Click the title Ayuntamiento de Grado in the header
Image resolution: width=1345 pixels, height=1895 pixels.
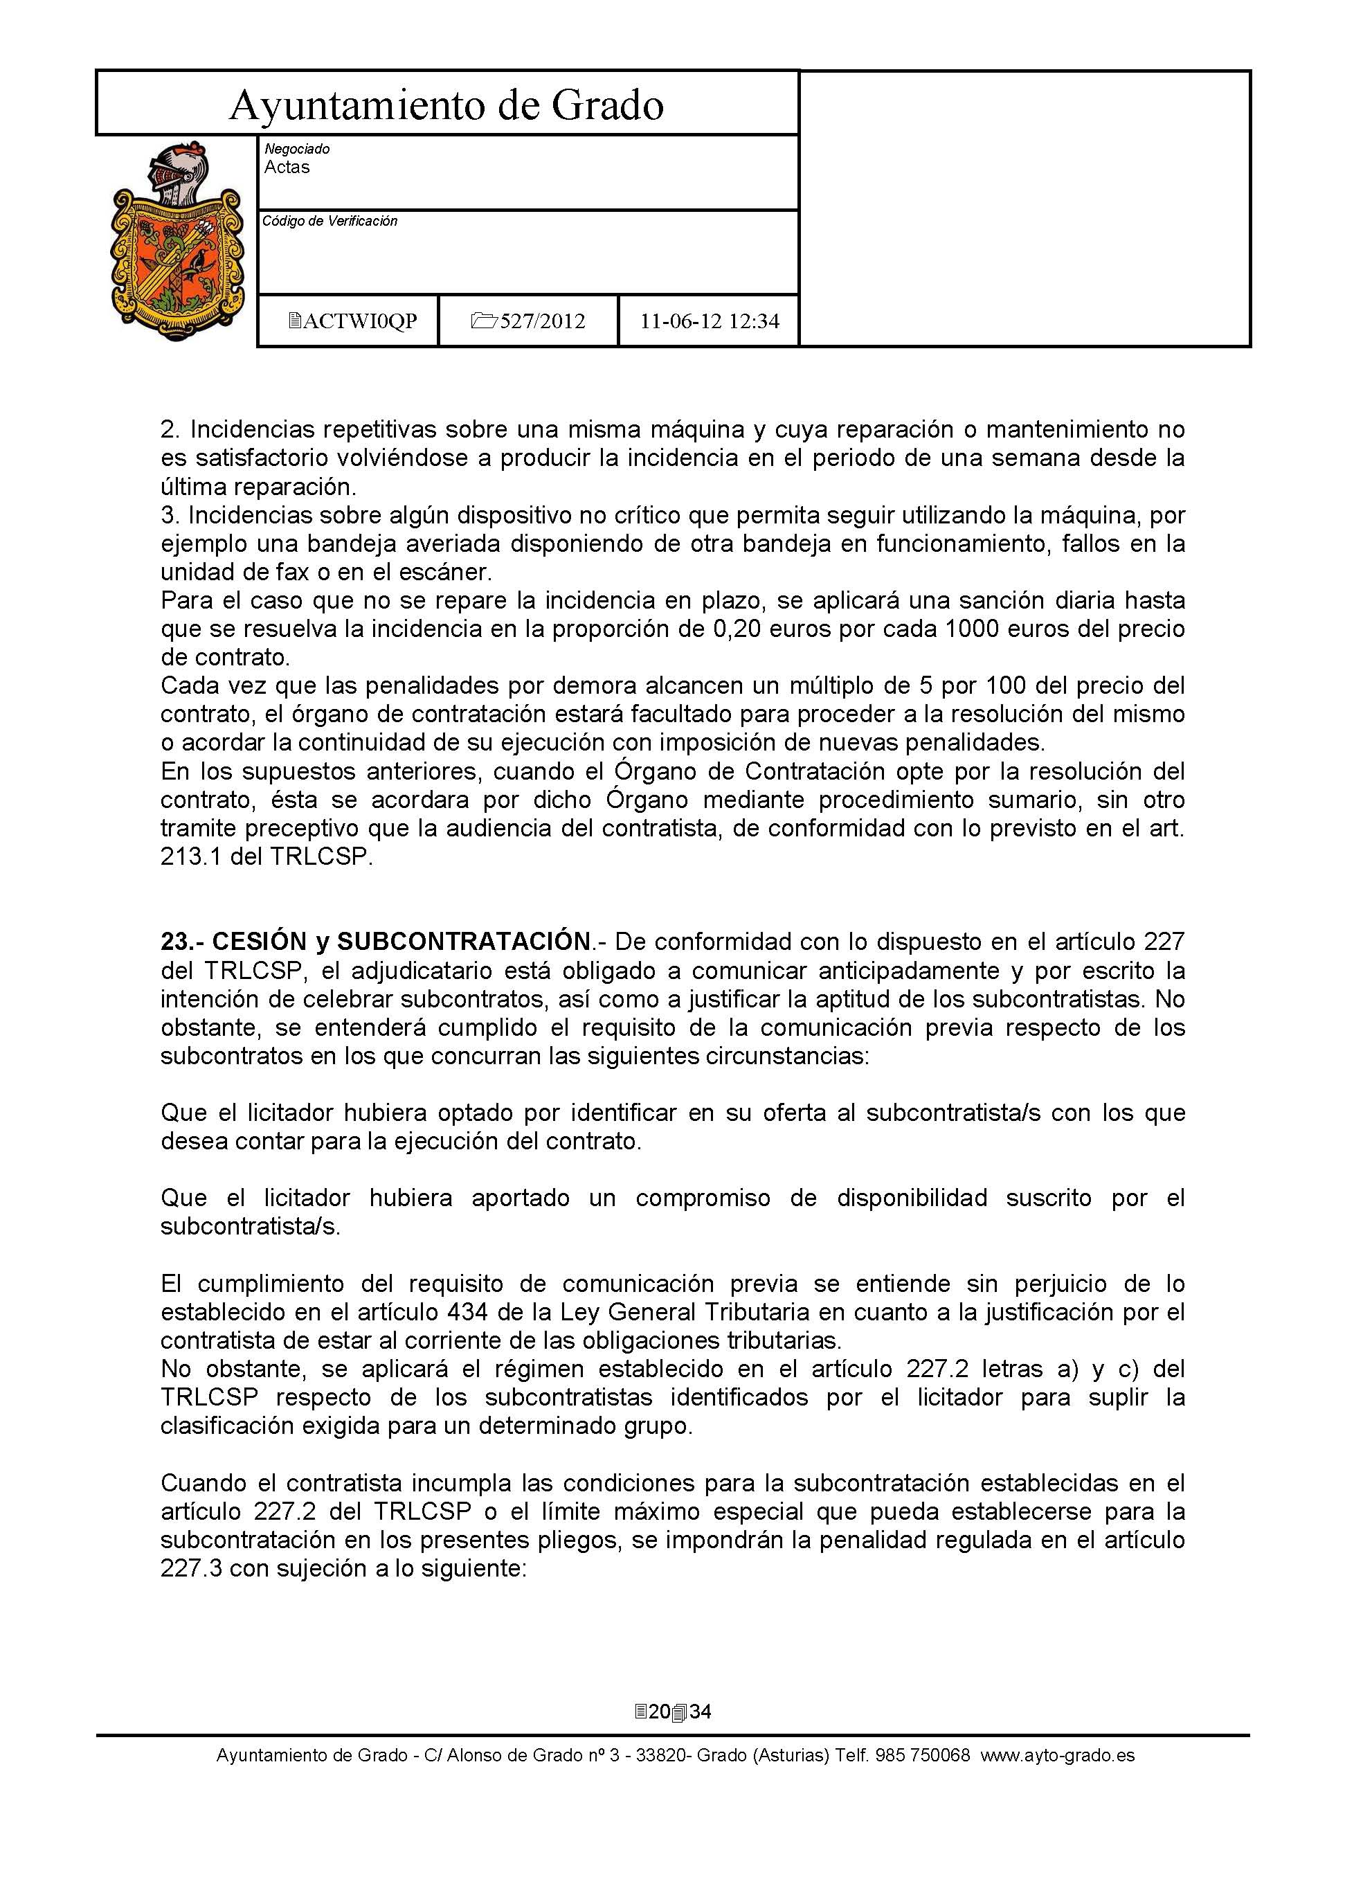[x=446, y=105]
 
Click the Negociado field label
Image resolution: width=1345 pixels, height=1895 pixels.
[x=296, y=149]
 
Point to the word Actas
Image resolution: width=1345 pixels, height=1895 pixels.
[x=287, y=168]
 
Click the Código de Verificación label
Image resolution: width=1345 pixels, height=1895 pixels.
[x=330, y=221]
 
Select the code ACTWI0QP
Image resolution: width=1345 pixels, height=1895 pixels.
[x=359, y=321]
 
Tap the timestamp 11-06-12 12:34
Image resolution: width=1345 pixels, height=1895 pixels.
[x=710, y=321]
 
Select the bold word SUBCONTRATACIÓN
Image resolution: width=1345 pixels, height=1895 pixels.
[x=463, y=942]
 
